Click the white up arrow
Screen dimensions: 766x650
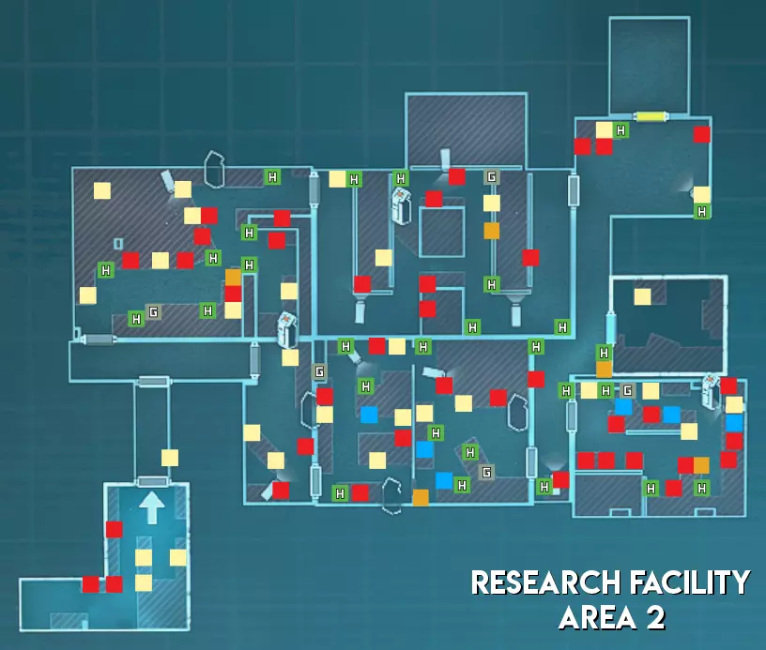tap(152, 507)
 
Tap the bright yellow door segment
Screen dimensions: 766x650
tap(651, 116)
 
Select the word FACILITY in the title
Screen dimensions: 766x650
tap(690, 582)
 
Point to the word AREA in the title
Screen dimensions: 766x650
tap(597, 618)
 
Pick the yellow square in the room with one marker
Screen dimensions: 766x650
tap(642, 296)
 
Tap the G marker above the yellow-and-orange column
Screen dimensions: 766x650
tap(492, 176)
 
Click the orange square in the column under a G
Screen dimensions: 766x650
tap(492, 231)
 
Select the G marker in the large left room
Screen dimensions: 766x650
tap(153, 311)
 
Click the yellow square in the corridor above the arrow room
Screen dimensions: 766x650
tap(170, 458)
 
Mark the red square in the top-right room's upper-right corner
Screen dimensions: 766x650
tap(702, 134)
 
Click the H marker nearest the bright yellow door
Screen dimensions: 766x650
tap(620, 130)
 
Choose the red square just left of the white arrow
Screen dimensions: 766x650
tap(114, 529)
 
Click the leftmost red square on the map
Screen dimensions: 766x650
tap(90, 584)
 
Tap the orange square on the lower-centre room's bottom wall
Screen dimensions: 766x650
tap(421, 498)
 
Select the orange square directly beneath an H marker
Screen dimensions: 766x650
tap(605, 369)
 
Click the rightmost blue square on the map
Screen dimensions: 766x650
tap(734, 423)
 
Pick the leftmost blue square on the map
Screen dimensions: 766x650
tap(369, 415)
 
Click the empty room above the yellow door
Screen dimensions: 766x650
tap(650, 65)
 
